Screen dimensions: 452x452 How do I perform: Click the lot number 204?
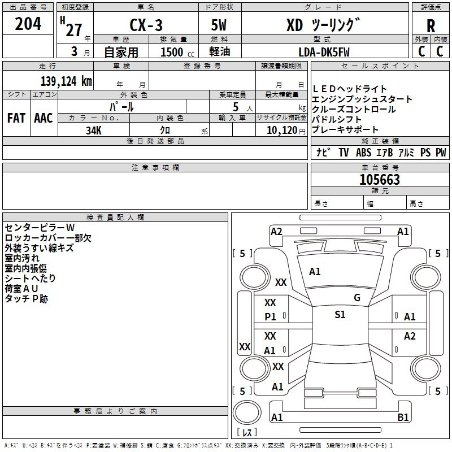coord(28,25)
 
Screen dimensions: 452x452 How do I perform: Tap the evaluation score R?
coord(431,26)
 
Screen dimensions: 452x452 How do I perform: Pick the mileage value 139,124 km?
coord(66,81)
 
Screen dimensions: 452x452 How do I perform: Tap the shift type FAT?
coord(16,118)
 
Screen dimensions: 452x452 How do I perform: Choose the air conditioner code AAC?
coord(44,118)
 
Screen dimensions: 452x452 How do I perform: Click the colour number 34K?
coord(94,129)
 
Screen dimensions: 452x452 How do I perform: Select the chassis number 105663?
coord(380,180)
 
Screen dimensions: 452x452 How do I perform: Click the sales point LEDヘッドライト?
coord(350,89)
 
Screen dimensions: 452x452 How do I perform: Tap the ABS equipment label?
coord(363,153)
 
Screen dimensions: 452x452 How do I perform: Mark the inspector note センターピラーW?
coord(40,228)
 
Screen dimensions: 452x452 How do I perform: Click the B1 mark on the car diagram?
coord(403,418)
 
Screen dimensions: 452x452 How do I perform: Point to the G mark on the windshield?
coord(357,298)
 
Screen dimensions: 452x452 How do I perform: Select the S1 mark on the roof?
coord(340,315)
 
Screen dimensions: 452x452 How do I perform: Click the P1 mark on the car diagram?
coord(271,317)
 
